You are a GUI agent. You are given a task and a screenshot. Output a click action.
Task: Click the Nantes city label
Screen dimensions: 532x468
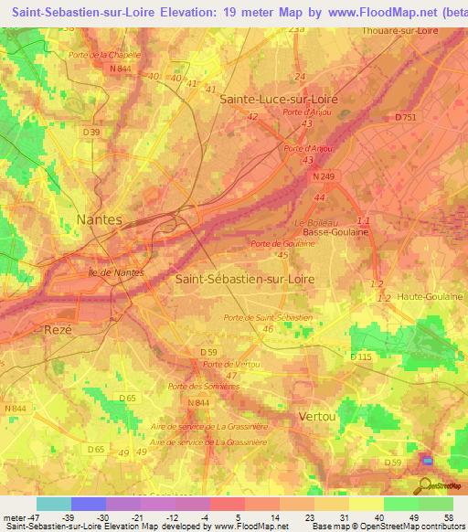100,219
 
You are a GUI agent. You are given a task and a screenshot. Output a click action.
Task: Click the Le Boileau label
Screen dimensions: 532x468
316,222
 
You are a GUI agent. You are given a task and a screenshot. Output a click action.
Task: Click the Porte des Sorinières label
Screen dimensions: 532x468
203,387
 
